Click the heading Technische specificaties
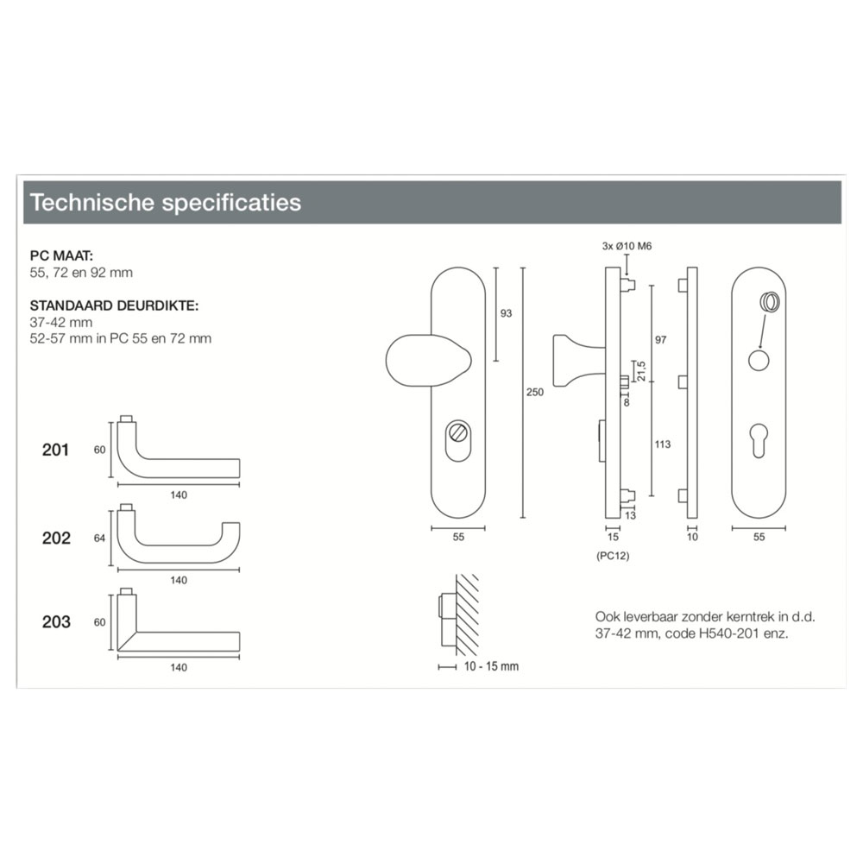[166, 203]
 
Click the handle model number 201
[55, 450]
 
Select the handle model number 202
[56, 538]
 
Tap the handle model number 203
[56, 622]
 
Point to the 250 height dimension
[535, 392]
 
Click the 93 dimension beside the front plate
[506, 313]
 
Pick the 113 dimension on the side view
[663, 444]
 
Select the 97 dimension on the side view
[660, 340]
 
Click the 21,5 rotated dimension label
[641, 371]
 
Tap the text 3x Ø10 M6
[627, 246]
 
